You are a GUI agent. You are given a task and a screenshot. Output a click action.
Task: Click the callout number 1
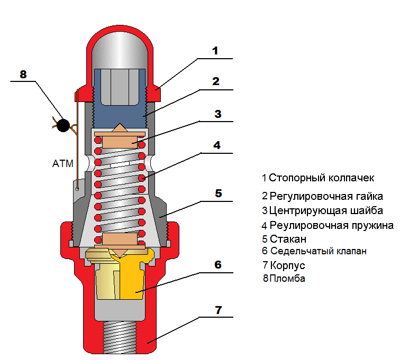click(x=215, y=51)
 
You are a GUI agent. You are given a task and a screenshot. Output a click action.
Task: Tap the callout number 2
click(x=216, y=81)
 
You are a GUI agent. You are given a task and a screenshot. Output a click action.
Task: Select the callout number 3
click(x=217, y=114)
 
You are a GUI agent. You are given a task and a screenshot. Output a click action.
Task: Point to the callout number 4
click(x=217, y=145)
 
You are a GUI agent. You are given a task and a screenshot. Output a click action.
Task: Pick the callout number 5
click(x=219, y=193)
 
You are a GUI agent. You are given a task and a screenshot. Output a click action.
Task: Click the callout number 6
click(x=218, y=265)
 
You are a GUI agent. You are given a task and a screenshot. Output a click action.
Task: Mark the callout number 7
click(x=219, y=310)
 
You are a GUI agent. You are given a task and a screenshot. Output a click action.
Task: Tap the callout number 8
click(x=23, y=75)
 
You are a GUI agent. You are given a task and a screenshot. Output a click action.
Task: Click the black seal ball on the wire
click(x=63, y=125)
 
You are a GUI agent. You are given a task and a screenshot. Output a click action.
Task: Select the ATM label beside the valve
click(x=63, y=163)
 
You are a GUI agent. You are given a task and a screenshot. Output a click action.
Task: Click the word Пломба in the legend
click(x=287, y=278)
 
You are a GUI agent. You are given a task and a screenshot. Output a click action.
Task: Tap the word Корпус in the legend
click(x=287, y=266)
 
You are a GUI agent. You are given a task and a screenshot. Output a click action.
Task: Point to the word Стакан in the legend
click(x=288, y=239)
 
